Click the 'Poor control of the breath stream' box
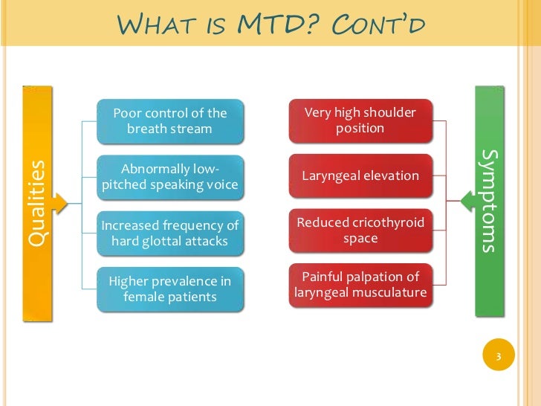click(x=169, y=121)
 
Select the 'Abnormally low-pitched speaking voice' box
click(x=169, y=177)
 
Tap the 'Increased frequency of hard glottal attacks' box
click(x=169, y=233)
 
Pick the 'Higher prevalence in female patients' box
click(x=169, y=289)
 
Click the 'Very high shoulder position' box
click(x=360, y=120)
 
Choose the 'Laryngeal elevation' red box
click(x=360, y=176)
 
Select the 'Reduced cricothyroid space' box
click(x=360, y=231)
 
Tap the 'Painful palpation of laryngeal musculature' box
click(x=360, y=285)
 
